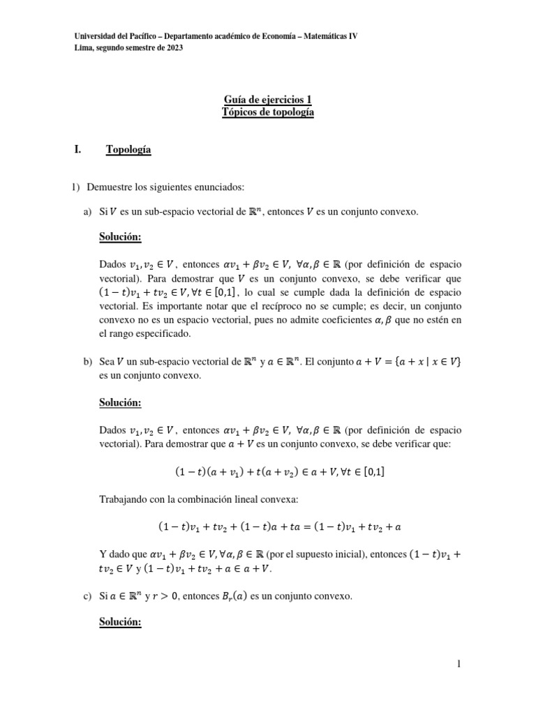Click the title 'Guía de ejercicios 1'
[267, 100]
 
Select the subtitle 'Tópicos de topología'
[267, 113]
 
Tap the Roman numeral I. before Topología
[78, 149]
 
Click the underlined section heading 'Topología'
[128, 149]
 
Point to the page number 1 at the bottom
[459, 664]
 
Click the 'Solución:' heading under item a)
[121, 238]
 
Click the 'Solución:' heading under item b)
[121, 402]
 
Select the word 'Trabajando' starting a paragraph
[127, 499]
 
